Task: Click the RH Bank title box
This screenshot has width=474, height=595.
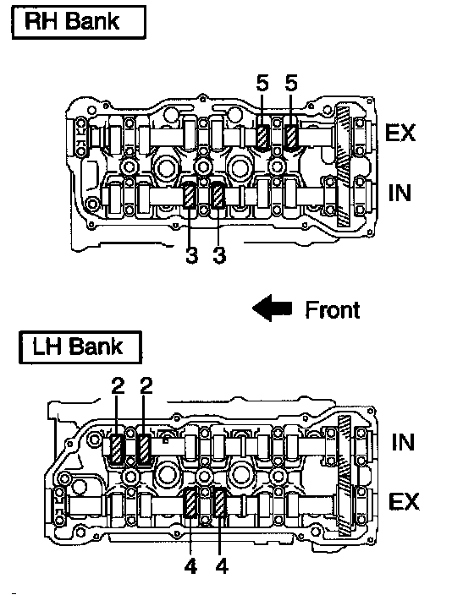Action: point(79,22)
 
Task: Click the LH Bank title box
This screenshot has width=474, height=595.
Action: point(80,347)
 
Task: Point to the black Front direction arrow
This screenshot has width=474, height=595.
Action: point(273,308)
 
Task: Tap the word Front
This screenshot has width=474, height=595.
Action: point(333,310)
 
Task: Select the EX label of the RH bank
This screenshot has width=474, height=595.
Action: point(400,133)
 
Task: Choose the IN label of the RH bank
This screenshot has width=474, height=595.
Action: point(400,193)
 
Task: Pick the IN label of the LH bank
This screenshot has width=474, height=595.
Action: point(403,443)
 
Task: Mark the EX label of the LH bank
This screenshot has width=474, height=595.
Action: point(404,502)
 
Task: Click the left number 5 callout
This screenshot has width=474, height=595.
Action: point(262,83)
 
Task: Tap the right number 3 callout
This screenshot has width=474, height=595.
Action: point(219,254)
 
